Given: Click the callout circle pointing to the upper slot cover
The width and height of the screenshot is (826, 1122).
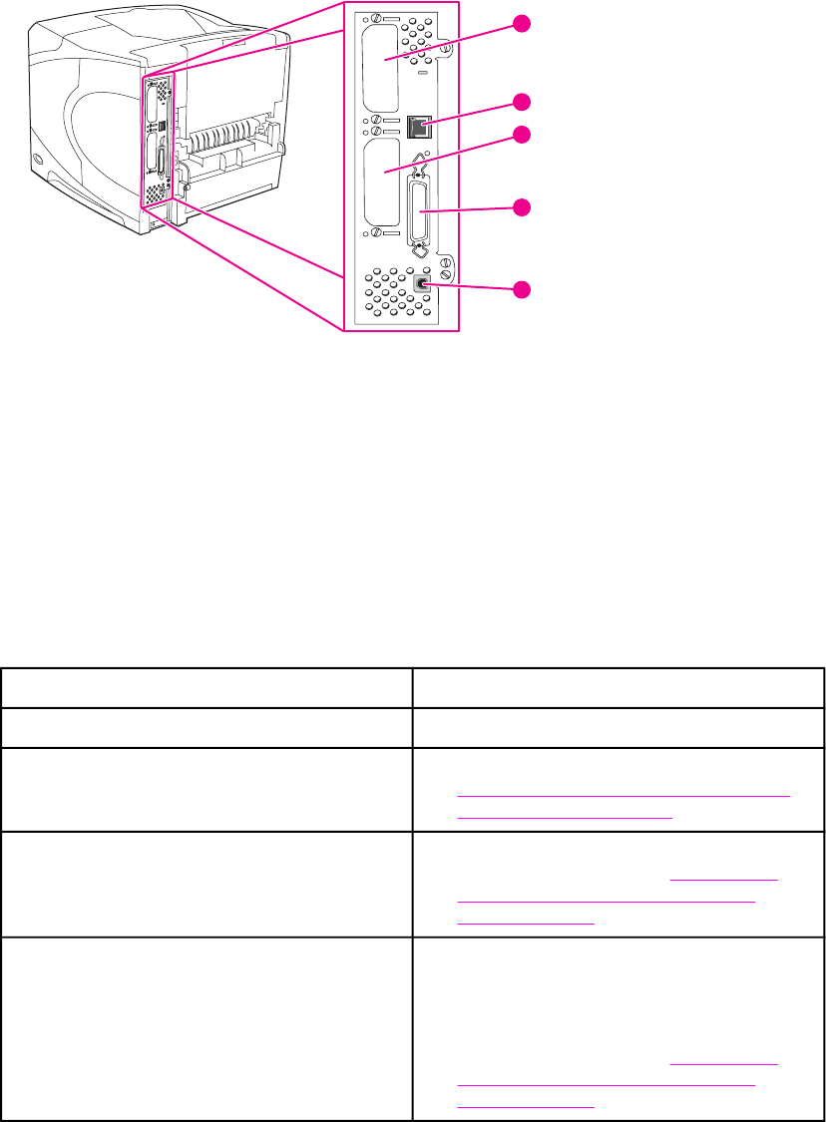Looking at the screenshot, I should (522, 24).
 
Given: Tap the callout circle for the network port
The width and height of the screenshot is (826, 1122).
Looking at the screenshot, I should (522, 101).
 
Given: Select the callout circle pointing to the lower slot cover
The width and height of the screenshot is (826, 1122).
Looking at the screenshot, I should (522, 136).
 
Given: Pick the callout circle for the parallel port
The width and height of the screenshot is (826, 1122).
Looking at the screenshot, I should (522, 207).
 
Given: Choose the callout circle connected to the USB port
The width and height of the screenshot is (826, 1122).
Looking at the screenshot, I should (522, 289).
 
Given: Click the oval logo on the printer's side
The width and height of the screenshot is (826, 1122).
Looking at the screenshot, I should (38, 160).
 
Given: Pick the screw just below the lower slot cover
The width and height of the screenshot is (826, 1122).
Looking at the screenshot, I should (375, 233).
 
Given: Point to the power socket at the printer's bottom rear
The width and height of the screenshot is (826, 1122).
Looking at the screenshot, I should (155, 225).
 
